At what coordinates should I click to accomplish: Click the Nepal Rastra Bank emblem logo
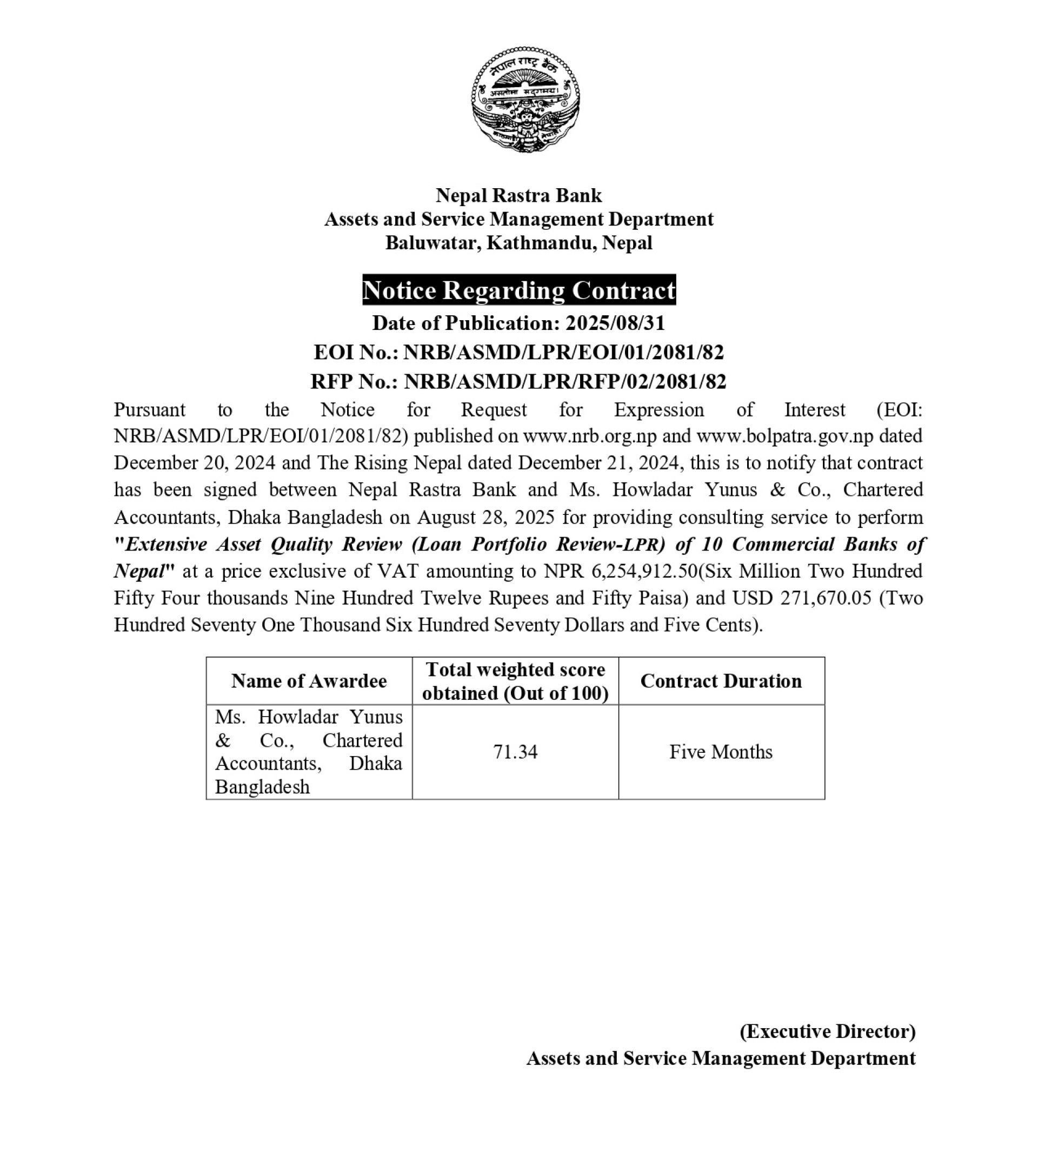tap(525, 100)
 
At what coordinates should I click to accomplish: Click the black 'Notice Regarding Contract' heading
tap(518, 290)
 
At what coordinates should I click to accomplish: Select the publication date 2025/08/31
tap(615, 323)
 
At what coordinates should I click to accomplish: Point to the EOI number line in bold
tap(518, 352)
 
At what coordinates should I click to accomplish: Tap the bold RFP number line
tap(518, 381)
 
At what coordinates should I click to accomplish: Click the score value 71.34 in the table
tap(515, 751)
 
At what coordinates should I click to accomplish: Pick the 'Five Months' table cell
tap(720, 751)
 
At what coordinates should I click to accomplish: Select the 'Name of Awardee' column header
tap(309, 681)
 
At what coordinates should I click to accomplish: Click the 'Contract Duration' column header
tap(720, 681)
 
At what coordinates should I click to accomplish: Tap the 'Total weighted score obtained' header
tap(515, 681)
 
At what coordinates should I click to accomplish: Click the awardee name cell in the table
tap(309, 751)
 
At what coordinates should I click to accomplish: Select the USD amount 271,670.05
tap(802, 598)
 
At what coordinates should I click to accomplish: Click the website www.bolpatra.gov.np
tap(785, 436)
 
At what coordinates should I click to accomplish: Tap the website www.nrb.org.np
tap(590, 436)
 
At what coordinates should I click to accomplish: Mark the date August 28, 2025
tap(485, 517)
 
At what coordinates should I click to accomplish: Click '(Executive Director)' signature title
tap(827, 1031)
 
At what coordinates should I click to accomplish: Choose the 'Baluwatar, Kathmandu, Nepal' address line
tap(518, 242)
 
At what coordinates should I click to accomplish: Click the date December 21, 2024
tap(598, 463)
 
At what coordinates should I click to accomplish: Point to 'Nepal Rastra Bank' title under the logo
tap(518, 195)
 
